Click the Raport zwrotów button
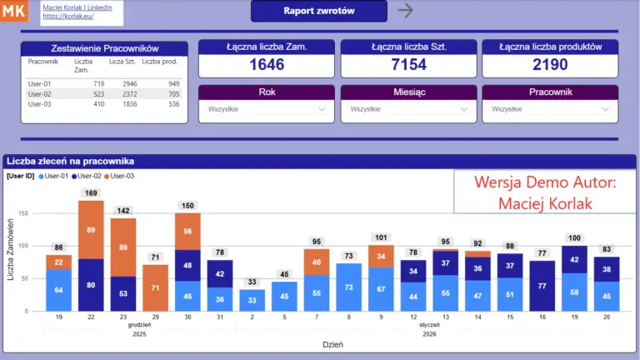(x=318, y=11)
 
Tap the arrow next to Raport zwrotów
(x=405, y=11)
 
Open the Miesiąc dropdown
(x=408, y=108)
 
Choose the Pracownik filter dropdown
(x=550, y=108)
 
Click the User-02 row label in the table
(x=40, y=94)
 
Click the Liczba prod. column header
(x=160, y=62)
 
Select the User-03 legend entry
(x=118, y=176)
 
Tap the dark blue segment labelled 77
(x=542, y=286)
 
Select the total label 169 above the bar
(x=91, y=193)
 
